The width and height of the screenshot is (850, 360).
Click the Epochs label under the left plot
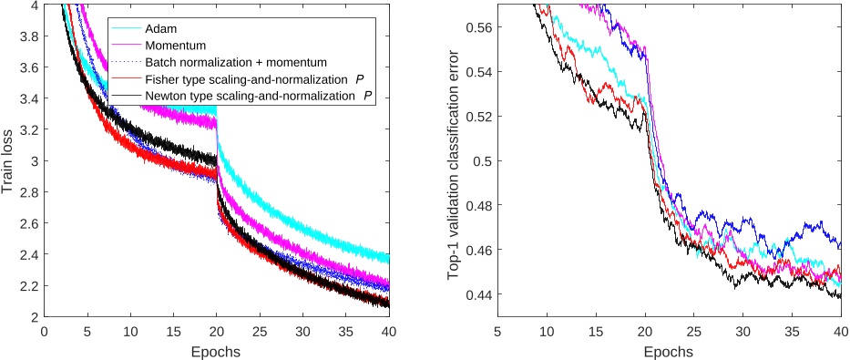[x=217, y=351]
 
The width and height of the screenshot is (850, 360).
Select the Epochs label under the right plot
[x=668, y=351]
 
